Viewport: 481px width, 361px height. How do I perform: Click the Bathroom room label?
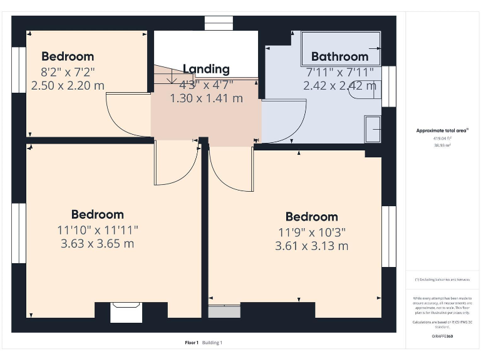coord(339,56)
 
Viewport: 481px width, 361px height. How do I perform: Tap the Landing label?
coord(206,69)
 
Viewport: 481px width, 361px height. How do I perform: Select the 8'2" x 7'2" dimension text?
coord(68,71)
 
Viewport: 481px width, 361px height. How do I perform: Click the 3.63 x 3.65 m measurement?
coord(97,243)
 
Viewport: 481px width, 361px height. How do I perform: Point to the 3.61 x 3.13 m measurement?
coord(311,246)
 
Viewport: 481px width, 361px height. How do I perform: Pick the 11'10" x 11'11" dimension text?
coord(97,229)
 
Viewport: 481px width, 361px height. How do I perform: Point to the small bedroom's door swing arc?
coord(125,116)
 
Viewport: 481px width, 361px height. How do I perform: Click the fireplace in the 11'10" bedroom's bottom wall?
coord(126,312)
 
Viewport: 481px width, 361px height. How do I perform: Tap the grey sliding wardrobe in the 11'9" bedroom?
coord(224,311)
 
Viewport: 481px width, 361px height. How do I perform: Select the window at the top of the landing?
coord(219,23)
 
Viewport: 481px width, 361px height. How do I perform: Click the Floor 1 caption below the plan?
coord(192,342)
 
